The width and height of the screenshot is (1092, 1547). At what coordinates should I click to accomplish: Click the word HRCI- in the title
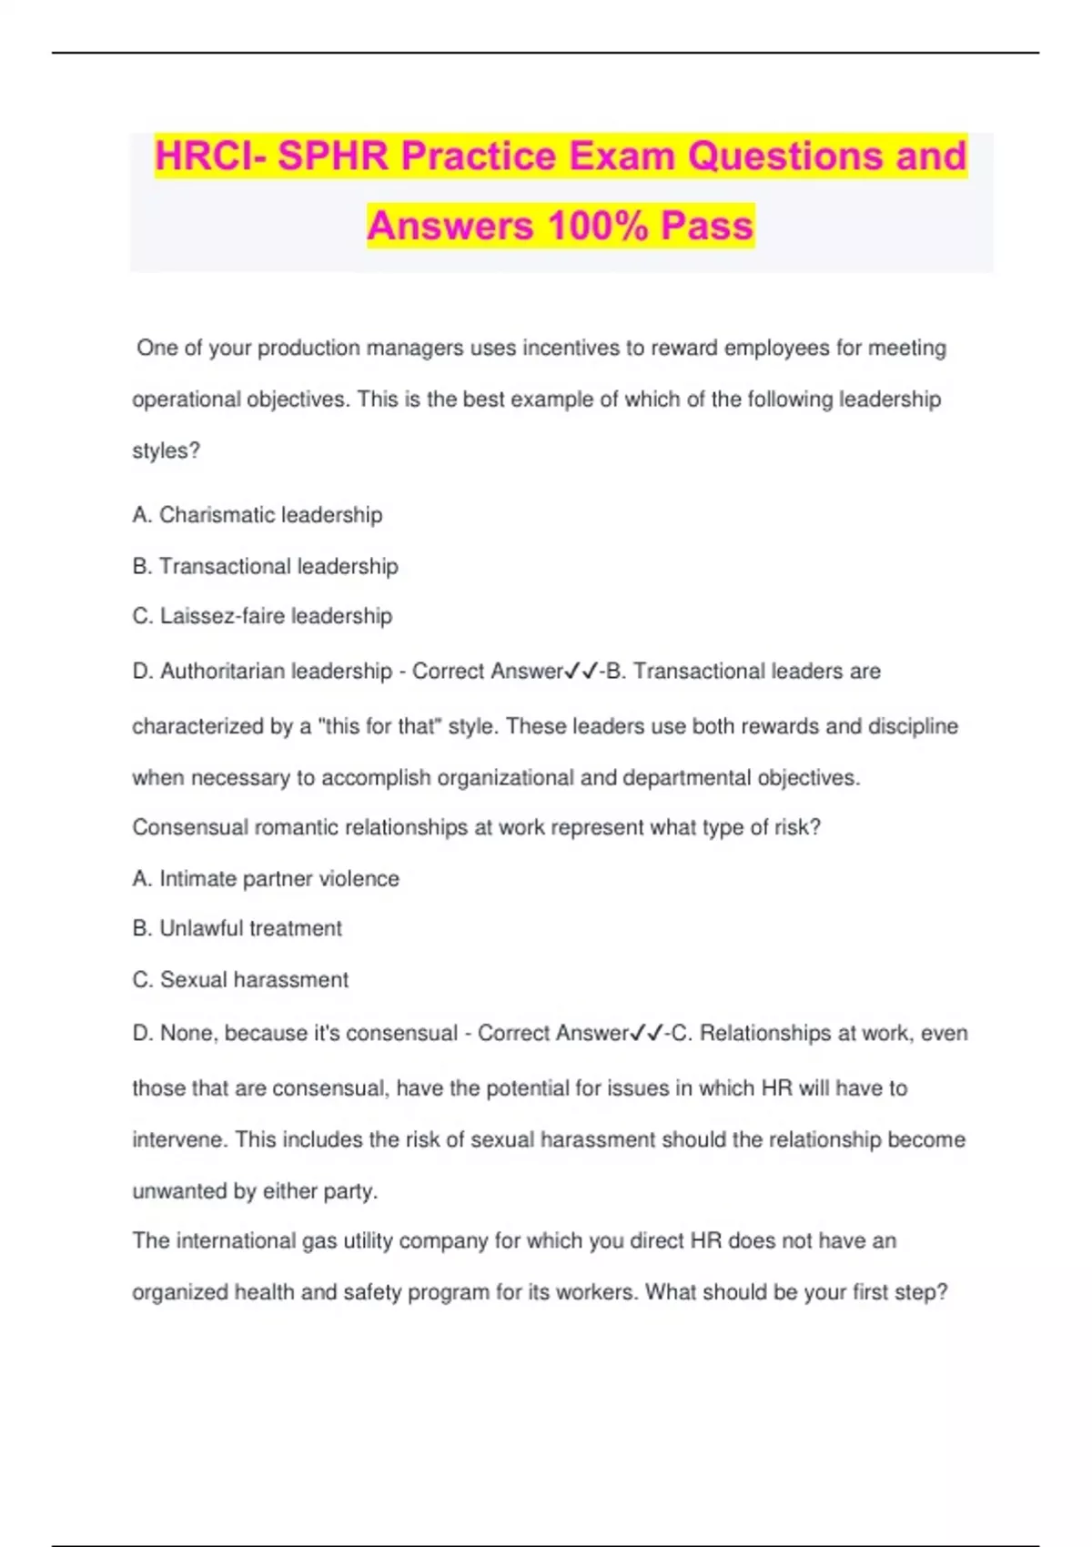tap(210, 156)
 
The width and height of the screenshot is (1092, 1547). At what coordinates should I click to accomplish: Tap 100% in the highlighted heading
tap(597, 226)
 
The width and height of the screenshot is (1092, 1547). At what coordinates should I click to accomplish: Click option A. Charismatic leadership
tap(257, 515)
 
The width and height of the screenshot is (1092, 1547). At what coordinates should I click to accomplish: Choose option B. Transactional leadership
tap(265, 566)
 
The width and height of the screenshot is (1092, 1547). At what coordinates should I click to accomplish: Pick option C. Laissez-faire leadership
tap(262, 616)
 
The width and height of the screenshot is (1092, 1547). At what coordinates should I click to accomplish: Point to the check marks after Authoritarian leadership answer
tap(581, 672)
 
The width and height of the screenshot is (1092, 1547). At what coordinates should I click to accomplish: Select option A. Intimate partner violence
tap(266, 879)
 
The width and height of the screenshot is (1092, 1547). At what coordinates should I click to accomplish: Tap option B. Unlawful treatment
tap(237, 928)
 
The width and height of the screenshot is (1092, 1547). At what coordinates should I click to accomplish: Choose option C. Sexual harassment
tap(240, 980)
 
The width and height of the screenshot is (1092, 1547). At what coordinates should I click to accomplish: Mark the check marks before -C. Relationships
tap(646, 1034)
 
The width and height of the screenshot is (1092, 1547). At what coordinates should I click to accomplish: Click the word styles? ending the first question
tap(166, 450)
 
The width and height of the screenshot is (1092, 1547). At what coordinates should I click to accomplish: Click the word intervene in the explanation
tap(177, 1139)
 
